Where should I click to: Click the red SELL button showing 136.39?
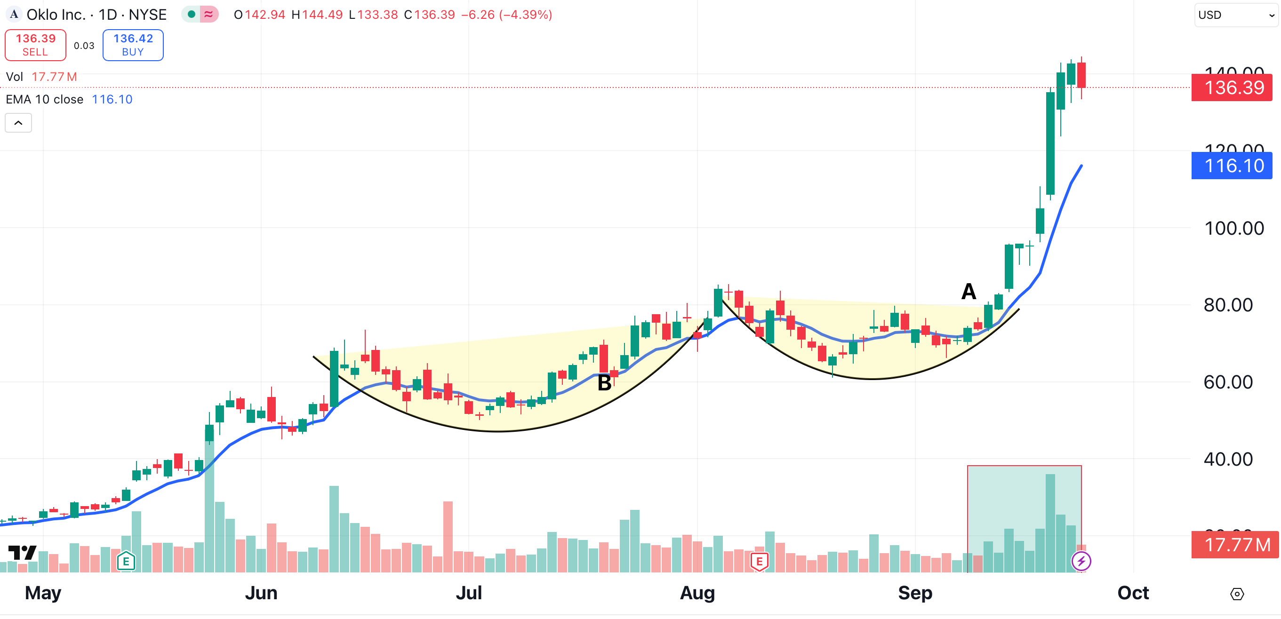coord(35,45)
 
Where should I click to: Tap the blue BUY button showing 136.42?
coord(133,45)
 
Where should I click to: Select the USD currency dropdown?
coord(1235,15)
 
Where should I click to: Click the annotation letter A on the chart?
coord(968,291)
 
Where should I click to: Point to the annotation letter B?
coord(604,383)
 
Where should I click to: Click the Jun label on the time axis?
coord(261,593)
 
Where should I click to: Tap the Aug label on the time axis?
coord(697,593)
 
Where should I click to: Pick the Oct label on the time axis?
coord(1133,593)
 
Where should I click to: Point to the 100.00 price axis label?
coord(1234,228)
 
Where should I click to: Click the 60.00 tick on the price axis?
coord(1228,382)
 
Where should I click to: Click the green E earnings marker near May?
coord(126,562)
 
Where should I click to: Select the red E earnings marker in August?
coord(759,562)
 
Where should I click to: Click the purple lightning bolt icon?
coord(1081,561)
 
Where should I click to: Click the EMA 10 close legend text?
coord(45,99)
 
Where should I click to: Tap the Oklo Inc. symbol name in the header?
coord(56,15)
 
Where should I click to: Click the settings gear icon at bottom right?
coord(1237,594)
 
